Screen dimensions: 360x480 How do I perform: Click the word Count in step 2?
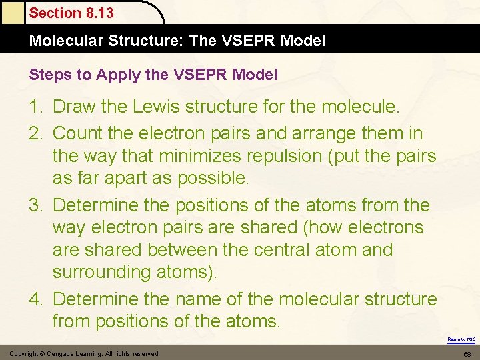[77, 133]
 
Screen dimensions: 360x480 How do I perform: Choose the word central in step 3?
[300, 250]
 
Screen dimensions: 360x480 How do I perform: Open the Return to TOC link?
[461, 339]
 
